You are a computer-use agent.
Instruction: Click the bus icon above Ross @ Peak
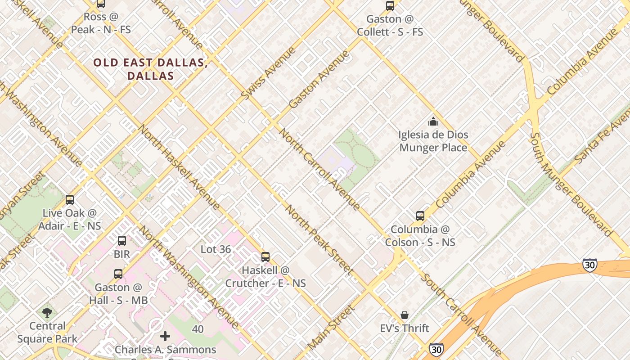[101, 4]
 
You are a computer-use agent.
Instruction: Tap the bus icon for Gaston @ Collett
[390, 6]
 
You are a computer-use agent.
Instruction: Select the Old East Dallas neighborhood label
[150, 69]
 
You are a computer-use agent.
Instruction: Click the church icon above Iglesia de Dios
[433, 121]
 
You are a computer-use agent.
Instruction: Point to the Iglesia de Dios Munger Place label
[433, 141]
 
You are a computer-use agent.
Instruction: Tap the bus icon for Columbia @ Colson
[420, 216]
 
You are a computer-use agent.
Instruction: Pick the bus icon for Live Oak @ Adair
[70, 200]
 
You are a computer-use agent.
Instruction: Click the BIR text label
[121, 254]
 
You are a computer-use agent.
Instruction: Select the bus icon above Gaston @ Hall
[118, 274]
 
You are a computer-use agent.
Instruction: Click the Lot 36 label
[216, 249]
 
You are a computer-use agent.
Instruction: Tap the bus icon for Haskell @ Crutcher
[265, 257]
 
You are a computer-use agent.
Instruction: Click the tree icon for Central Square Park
[47, 312]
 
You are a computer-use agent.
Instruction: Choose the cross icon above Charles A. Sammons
[165, 336]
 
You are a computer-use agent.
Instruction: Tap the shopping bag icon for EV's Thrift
[405, 315]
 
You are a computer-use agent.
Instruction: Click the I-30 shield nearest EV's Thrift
[436, 349]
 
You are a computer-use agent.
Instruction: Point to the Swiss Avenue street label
[268, 73]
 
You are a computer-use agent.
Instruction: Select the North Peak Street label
[318, 239]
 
